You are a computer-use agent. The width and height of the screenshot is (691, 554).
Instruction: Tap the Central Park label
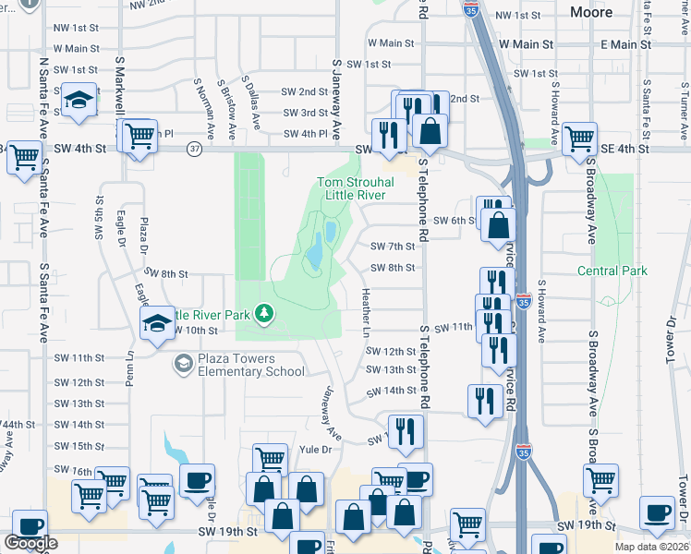point(612,271)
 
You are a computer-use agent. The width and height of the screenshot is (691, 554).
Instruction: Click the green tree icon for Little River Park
point(265,315)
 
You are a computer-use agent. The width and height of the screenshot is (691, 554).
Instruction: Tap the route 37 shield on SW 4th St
point(193,149)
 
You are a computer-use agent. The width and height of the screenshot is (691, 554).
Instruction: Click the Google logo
point(30,543)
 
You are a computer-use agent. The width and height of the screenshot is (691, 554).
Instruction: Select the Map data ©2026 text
point(651,547)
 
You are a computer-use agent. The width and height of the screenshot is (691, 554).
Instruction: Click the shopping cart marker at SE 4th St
point(579,138)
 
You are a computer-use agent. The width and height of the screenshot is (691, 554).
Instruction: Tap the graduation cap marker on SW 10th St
point(157,322)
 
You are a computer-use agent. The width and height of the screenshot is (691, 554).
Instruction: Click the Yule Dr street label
point(316,450)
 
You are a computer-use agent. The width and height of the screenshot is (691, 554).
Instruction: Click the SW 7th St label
point(394,247)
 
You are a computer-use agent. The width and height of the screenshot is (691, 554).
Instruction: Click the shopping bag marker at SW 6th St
point(499,224)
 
